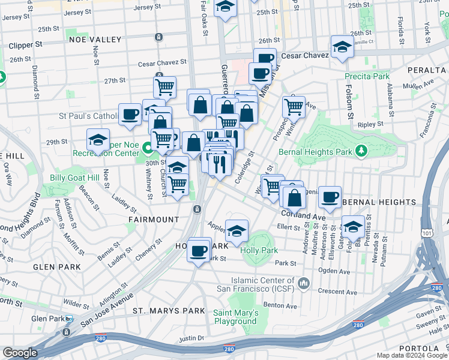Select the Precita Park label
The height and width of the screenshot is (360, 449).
point(367,76)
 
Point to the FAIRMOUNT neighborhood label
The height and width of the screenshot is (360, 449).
point(154,220)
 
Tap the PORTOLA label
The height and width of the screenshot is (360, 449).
point(424,349)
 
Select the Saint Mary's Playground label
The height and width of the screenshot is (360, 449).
point(236,317)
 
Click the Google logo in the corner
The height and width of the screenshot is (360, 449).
point(20,353)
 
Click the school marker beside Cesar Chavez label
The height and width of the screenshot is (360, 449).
point(342,47)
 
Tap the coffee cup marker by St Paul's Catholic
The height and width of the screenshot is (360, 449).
point(130,114)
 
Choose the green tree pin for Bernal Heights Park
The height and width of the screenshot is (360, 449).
point(361,150)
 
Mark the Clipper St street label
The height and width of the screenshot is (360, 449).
point(25,45)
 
